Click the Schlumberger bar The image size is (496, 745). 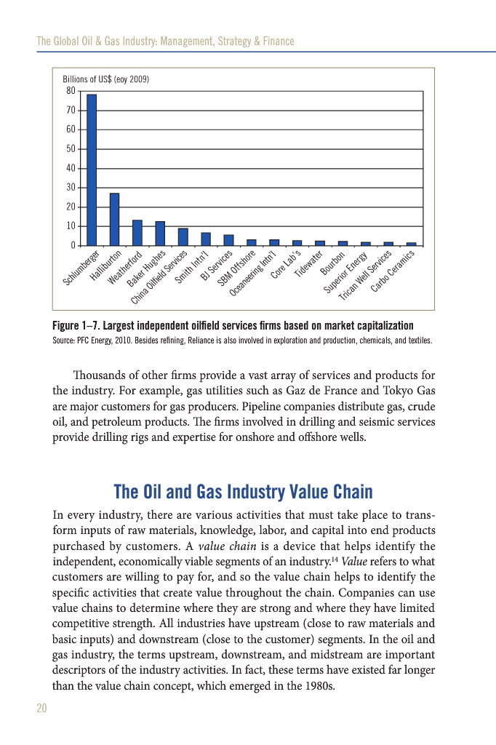click(92, 170)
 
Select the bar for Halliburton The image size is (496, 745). click(114, 219)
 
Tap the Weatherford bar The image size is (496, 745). click(137, 233)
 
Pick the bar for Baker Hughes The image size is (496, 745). click(160, 234)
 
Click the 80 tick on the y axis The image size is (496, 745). click(71, 91)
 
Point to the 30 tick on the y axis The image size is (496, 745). click(71, 188)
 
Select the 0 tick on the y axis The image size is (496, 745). click(73, 246)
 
